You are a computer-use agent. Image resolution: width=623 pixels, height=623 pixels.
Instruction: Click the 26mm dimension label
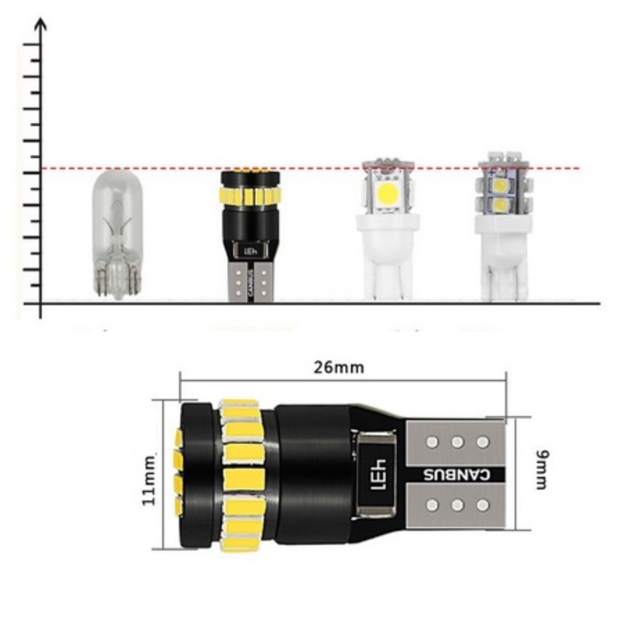click(339, 368)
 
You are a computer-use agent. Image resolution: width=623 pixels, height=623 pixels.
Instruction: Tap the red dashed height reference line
click(327, 168)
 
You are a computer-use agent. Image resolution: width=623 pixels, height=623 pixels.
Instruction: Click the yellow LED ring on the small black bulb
click(249, 195)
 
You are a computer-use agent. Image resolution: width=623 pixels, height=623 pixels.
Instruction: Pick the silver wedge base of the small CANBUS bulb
click(251, 280)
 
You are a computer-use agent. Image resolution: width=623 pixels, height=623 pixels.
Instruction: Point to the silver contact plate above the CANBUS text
click(457, 442)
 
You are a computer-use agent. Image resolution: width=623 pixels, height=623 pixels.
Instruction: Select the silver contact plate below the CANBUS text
click(457, 505)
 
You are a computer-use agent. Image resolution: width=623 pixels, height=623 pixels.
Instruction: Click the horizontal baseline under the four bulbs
click(327, 302)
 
